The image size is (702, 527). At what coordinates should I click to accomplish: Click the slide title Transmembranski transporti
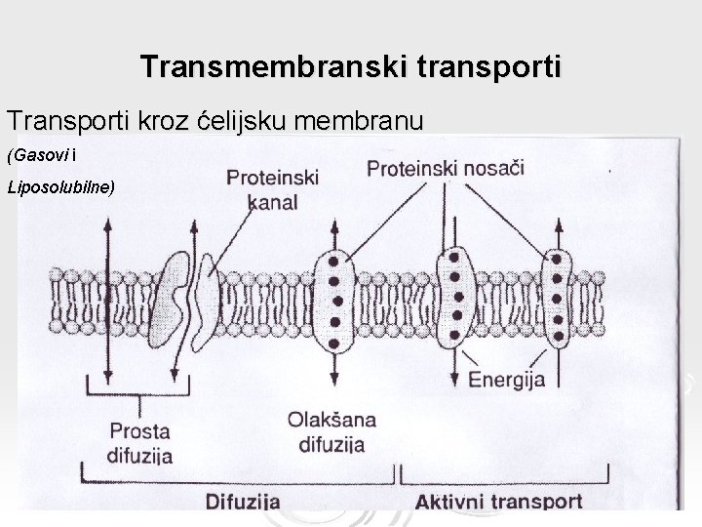click(351, 67)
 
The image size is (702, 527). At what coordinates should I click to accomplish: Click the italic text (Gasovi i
click(41, 155)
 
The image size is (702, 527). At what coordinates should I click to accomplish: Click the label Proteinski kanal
click(272, 189)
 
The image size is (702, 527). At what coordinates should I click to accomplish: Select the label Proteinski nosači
click(445, 168)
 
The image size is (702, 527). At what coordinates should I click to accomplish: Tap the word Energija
click(507, 379)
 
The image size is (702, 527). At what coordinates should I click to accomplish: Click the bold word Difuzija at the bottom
click(244, 503)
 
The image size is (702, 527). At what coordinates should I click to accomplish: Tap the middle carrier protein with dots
click(454, 297)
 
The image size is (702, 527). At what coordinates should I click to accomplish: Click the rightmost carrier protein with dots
click(558, 299)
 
